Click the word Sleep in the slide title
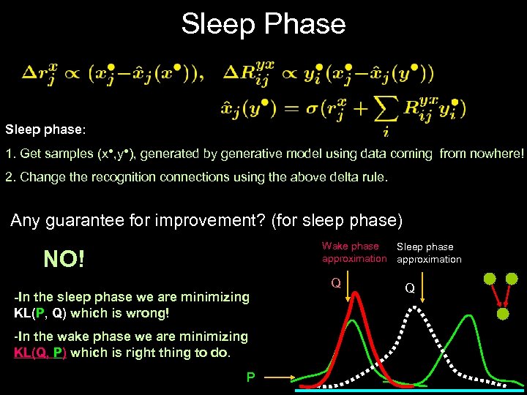(x=217, y=24)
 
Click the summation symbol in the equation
(x=381, y=110)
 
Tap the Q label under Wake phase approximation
(x=335, y=282)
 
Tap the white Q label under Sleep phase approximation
(x=410, y=288)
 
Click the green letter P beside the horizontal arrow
(x=250, y=377)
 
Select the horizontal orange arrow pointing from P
(x=279, y=377)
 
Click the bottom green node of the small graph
(x=503, y=314)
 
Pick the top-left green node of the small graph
(x=488, y=279)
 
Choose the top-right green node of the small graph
(x=512, y=279)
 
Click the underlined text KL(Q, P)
(x=40, y=352)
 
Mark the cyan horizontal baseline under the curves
(x=410, y=391)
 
